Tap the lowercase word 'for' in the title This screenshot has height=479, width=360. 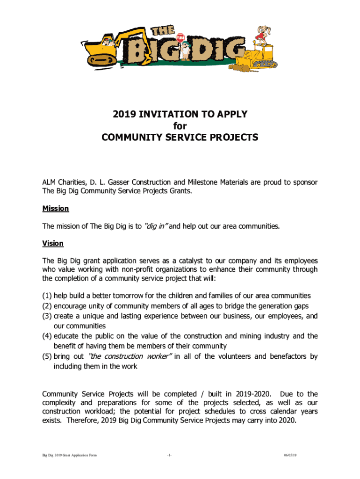180,126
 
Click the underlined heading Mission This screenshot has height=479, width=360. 56,209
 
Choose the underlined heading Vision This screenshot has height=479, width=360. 53,244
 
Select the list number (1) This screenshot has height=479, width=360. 47,296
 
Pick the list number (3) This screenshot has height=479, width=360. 47,316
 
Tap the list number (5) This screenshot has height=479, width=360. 47,356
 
